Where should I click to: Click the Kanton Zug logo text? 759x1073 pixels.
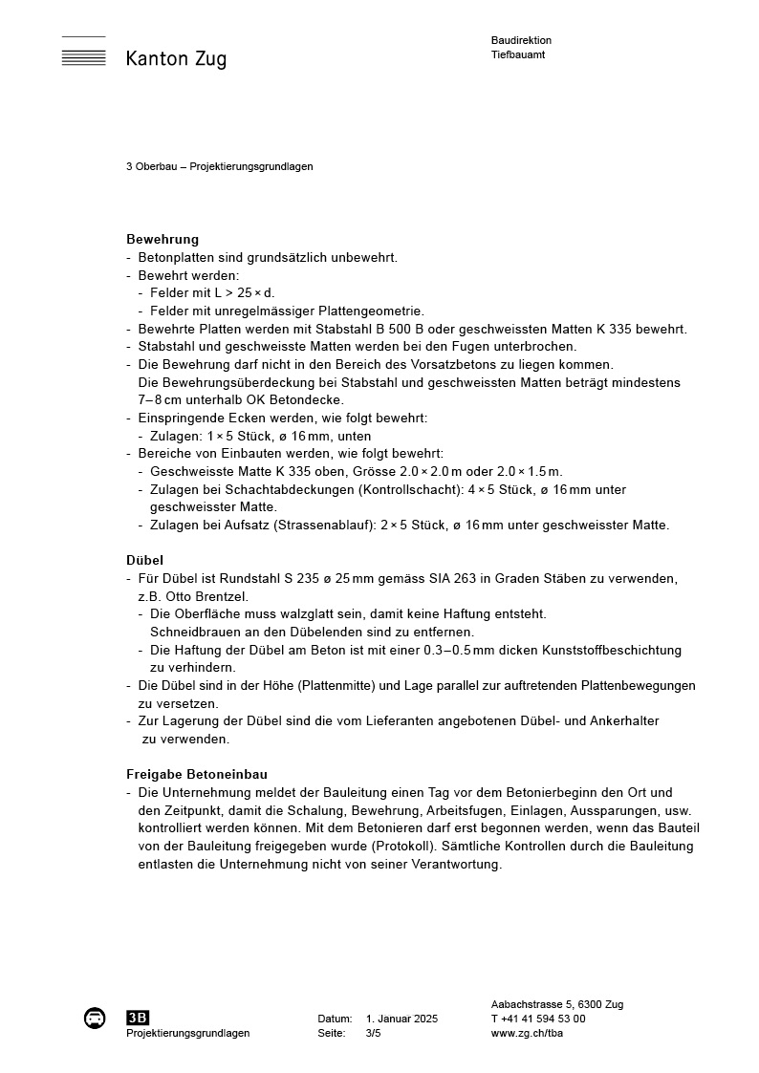coord(176,59)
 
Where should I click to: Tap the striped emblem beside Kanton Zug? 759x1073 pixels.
coord(83,54)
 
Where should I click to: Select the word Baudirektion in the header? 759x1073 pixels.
coord(521,40)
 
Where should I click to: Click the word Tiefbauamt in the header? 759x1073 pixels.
coord(518,54)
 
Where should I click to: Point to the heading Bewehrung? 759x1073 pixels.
coord(163,239)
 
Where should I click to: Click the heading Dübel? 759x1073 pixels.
coord(144,561)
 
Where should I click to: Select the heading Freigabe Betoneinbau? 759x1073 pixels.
coord(195,774)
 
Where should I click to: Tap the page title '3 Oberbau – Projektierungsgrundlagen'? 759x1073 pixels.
coord(219,166)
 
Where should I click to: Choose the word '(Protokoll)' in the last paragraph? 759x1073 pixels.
coord(401,846)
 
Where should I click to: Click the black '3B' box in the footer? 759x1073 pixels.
coord(138,1018)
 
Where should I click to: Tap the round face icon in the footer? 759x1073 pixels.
coord(95,1018)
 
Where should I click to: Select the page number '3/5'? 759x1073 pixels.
coord(373,1033)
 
